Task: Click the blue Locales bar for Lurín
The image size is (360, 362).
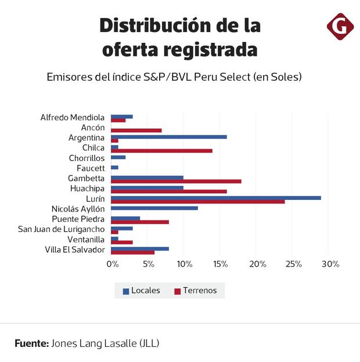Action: coord(215,198)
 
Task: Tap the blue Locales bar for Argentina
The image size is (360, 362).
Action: coord(168,137)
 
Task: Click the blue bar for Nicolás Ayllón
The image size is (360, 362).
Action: coord(154,208)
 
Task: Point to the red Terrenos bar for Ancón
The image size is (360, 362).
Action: coord(136,130)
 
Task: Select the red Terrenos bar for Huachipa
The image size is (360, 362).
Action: coord(168,191)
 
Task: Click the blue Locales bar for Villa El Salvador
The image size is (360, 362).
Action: coord(139,249)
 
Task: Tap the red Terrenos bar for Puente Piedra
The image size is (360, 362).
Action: coord(139,222)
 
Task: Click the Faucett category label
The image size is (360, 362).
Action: coord(90,168)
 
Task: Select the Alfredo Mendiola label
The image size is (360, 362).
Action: coord(73,117)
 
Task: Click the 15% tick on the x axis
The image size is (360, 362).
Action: coord(220,264)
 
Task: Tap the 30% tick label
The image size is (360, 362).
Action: coord(330,264)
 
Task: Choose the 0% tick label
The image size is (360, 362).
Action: coord(113,264)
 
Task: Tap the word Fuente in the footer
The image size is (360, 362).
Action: coord(31,343)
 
